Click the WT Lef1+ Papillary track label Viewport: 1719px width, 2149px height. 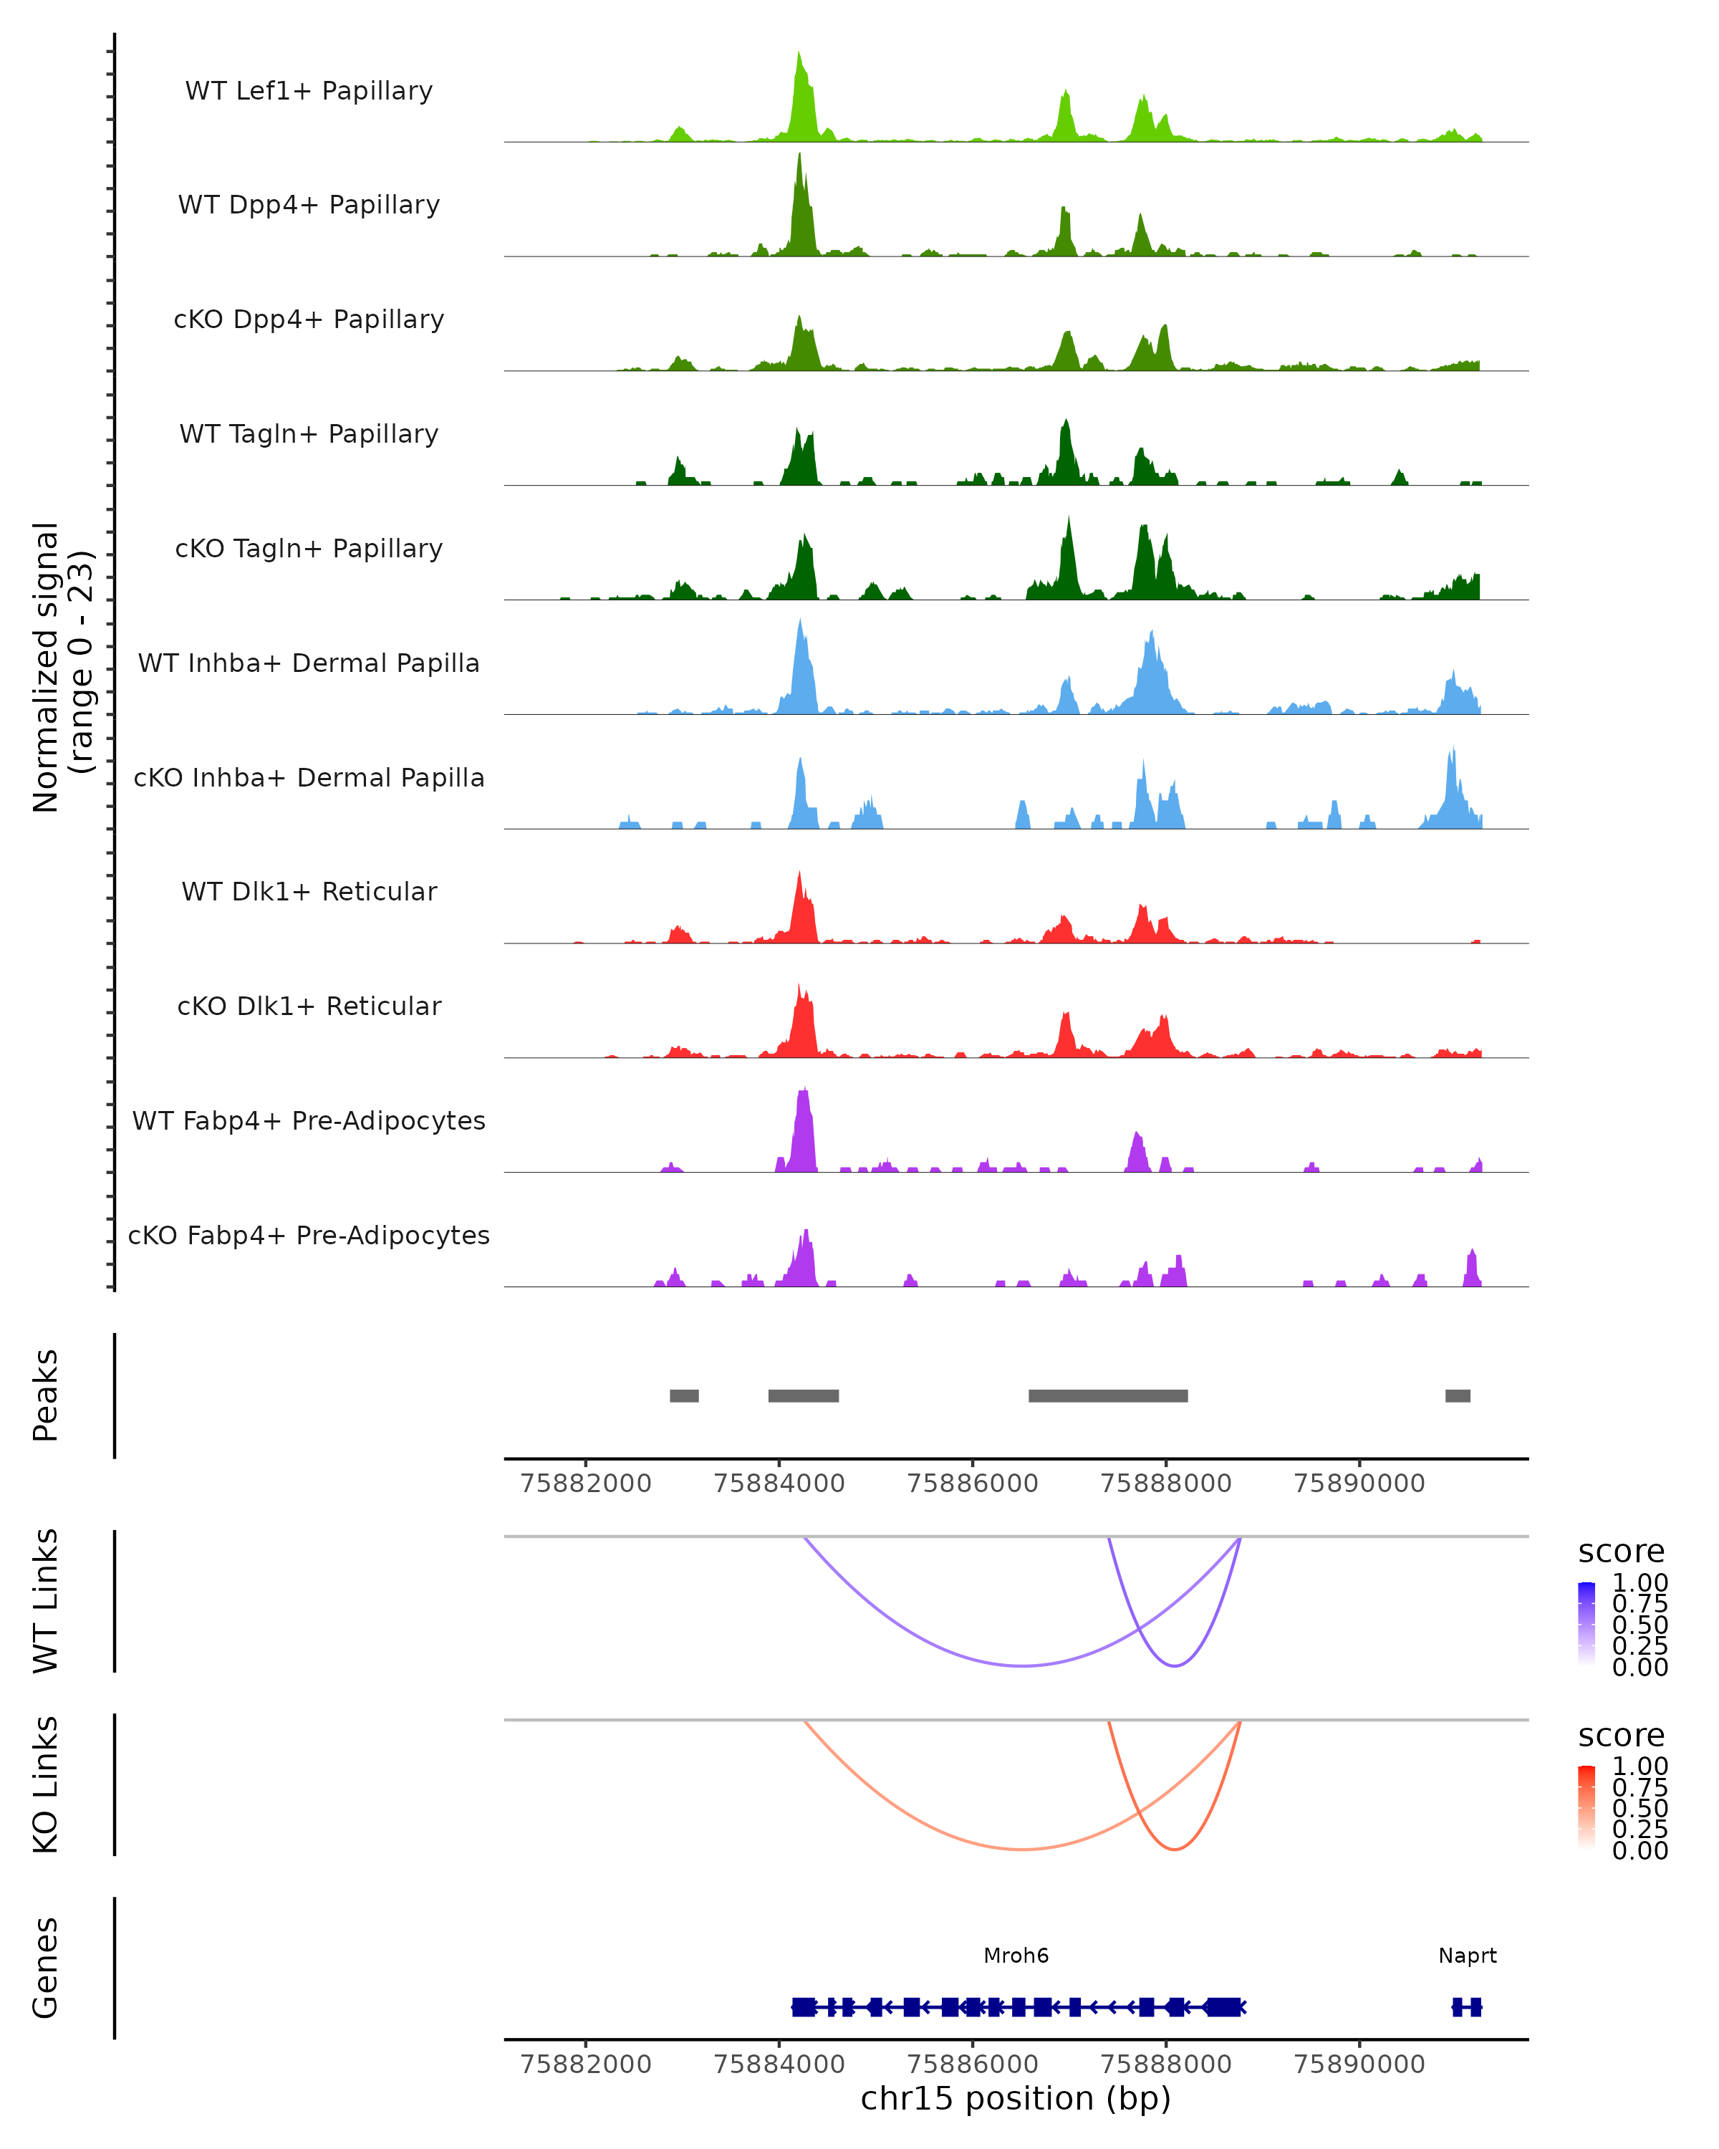[x=309, y=91]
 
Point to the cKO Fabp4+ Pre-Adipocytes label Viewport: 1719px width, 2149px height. [x=309, y=1235]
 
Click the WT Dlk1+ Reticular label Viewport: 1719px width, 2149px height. [x=309, y=891]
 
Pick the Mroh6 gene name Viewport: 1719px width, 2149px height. [x=1016, y=1956]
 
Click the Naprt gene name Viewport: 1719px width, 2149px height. [x=1467, y=1956]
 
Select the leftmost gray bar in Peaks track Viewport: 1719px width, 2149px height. [x=683, y=1395]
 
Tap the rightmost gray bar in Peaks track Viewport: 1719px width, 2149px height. [x=1458, y=1395]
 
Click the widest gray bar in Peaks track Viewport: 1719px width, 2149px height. [x=1107, y=1395]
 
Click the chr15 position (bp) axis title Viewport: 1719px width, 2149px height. [x=1016, y=2098]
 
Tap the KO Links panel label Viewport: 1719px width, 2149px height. [x=46, y=1785]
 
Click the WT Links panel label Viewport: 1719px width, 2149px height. [x=46, y=1601]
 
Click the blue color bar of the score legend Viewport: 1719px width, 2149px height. [x=1586, y=1625]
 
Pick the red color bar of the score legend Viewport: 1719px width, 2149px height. [x=1586, y=1808]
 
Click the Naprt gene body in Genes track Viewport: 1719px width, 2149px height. [x=1466, y=2006]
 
